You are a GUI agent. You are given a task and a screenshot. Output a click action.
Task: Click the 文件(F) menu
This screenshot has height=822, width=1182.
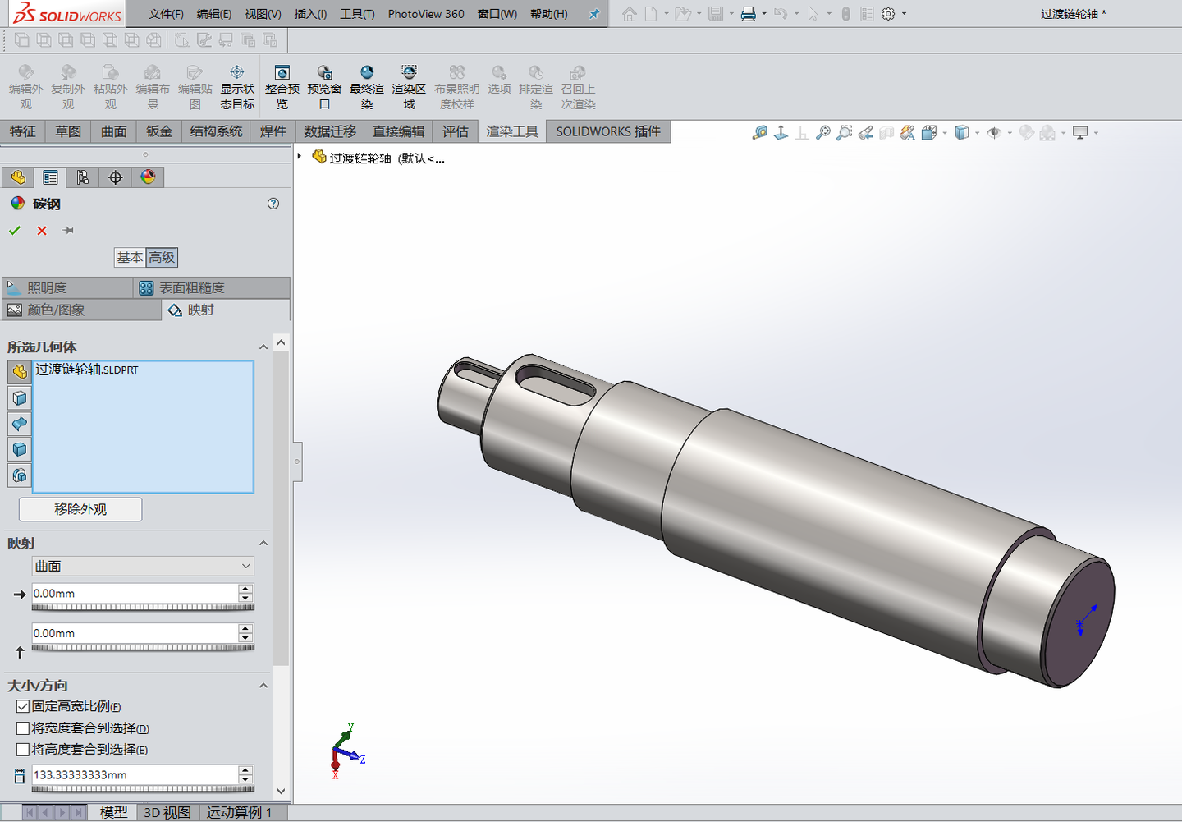coord(166,14)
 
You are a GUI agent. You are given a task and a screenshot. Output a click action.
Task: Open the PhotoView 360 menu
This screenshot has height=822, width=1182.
coord(425,14)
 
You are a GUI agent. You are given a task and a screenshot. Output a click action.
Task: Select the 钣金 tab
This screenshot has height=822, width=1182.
coord(159,131)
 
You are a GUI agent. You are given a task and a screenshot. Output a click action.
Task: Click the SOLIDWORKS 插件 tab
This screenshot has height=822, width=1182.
coord(607,131)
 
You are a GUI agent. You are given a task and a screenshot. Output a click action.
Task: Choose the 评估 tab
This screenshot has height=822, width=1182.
coord(455,131)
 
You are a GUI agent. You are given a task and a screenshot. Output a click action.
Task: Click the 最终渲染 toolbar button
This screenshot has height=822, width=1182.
coord(367,87)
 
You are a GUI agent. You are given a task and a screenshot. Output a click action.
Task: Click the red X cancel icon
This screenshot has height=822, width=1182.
coord(42,231)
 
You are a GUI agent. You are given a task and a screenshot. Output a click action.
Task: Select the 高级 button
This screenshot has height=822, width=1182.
coord(162,258)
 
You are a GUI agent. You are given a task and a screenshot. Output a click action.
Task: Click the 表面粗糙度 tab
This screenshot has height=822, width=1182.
coord(190,288)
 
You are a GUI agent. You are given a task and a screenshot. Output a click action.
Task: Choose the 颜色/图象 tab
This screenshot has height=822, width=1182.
coord(56,310)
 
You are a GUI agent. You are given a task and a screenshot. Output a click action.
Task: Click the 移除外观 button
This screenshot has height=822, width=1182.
coord(80,509)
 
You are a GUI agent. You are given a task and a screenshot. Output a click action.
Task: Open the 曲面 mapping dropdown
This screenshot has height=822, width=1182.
coord(143,567)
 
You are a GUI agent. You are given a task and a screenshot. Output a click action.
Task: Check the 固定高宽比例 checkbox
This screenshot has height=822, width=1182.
coord(23,706)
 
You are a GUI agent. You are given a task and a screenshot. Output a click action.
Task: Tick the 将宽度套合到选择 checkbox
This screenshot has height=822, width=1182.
coord(23,728)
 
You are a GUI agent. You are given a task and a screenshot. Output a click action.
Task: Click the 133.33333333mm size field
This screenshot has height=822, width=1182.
coord(134,775)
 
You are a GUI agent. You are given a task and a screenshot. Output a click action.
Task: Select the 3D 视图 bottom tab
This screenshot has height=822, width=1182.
coord(167,812)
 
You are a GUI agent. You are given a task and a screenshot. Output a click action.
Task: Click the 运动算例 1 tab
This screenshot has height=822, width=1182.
coord(239,812)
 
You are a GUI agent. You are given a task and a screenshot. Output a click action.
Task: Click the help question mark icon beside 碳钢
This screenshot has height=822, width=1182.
coord(273,204)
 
